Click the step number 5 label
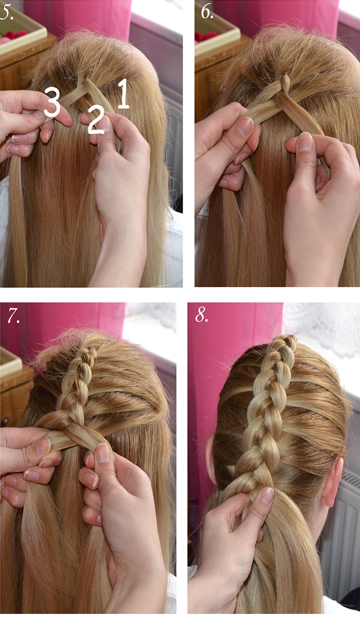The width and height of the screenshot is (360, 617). click(7, 13)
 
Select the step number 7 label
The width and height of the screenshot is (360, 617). click(13, 315)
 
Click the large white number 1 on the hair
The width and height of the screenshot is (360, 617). click(123, 94)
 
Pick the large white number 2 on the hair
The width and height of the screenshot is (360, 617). click(96, 120)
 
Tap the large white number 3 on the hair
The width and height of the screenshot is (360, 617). click(52, 102)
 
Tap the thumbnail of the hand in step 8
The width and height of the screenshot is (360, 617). click(266, 496)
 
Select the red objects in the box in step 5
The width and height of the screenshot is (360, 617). click(12, 37)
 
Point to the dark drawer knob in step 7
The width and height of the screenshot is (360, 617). click(6, 421)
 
